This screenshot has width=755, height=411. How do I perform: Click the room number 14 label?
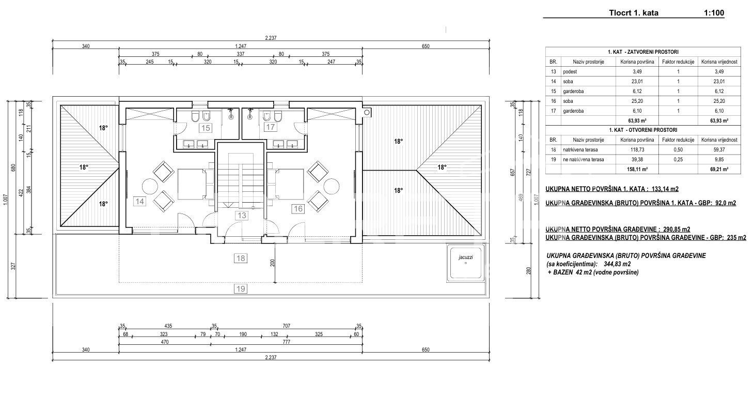(139, 202)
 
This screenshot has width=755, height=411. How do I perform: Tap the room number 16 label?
(298, 209)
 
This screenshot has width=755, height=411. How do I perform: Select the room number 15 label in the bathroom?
(206, 128)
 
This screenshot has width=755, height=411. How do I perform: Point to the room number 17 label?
(270, 127)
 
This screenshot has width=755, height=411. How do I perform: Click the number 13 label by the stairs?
(242, 215)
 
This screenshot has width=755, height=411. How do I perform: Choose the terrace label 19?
(240, 289)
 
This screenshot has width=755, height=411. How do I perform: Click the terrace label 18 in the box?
(240, 258)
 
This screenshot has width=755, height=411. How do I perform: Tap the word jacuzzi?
(466, 257)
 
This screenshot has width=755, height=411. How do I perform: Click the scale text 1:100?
(714, 13)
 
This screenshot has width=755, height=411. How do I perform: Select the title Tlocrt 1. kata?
(634, 13)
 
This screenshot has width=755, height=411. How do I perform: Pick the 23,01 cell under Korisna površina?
(637, 81)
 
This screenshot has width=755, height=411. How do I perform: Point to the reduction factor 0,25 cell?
(678, 159)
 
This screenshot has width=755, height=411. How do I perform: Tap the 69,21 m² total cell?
(719, 169)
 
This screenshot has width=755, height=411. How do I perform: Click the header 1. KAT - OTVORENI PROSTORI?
(643, 130)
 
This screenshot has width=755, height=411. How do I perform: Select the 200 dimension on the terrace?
(272, 263)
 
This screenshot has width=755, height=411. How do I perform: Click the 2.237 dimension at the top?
(271, 38)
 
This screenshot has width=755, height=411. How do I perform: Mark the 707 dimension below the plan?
(286, 326)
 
